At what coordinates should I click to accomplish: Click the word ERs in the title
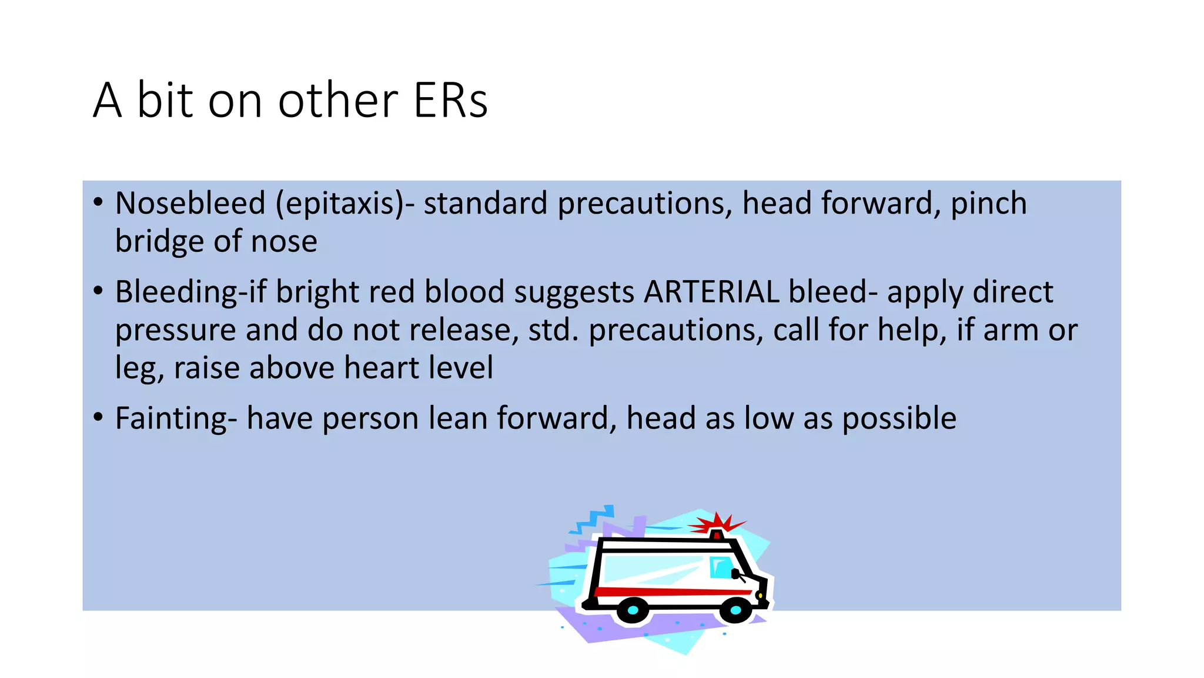pyautogui.click(x=450, y=100)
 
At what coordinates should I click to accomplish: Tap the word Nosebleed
pyautogui.click(x=190, y=204)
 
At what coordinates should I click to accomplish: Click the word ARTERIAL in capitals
pyautogui.click(x=711, y=292)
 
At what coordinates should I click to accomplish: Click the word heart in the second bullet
pyautogui.click(x=382, y=368)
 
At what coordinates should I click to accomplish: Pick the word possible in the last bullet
pyautogui.click(x=899, y=419)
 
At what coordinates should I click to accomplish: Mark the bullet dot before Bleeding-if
pyautogui.click(x=98, y=291)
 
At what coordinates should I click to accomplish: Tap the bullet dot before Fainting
pyautogui.click(x=98, y=418)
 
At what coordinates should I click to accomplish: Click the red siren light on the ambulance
pyautogui.click(x=717, y=534)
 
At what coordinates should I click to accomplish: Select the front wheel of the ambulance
pyautogui.click(x=735, y=610)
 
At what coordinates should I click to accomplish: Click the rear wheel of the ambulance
pyautogui.click(x=633, y=610)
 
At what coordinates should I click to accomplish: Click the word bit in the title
pyautogui.click(x=165, y=100)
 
